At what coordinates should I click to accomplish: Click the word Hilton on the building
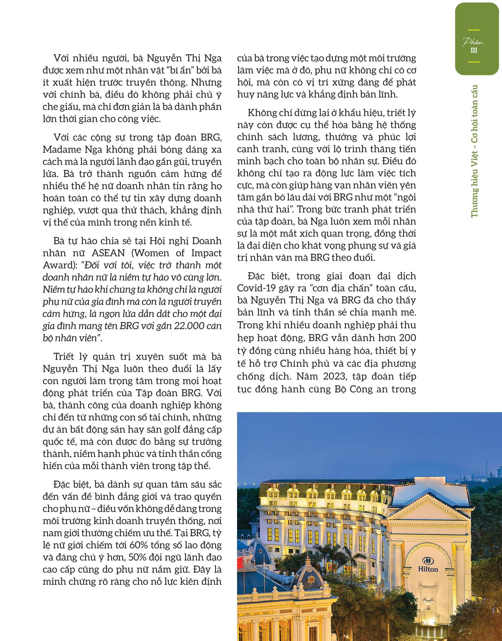click(x=428, y=569)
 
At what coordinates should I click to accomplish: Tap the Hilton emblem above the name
click(x=427, y=559)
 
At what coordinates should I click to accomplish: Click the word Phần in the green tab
click(x=473, y=42)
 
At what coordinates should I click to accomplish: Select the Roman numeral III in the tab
click(x=473, y=50)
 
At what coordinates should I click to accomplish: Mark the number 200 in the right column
click(x=407, y=337)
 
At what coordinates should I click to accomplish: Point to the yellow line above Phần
click(x=473, y=30)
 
